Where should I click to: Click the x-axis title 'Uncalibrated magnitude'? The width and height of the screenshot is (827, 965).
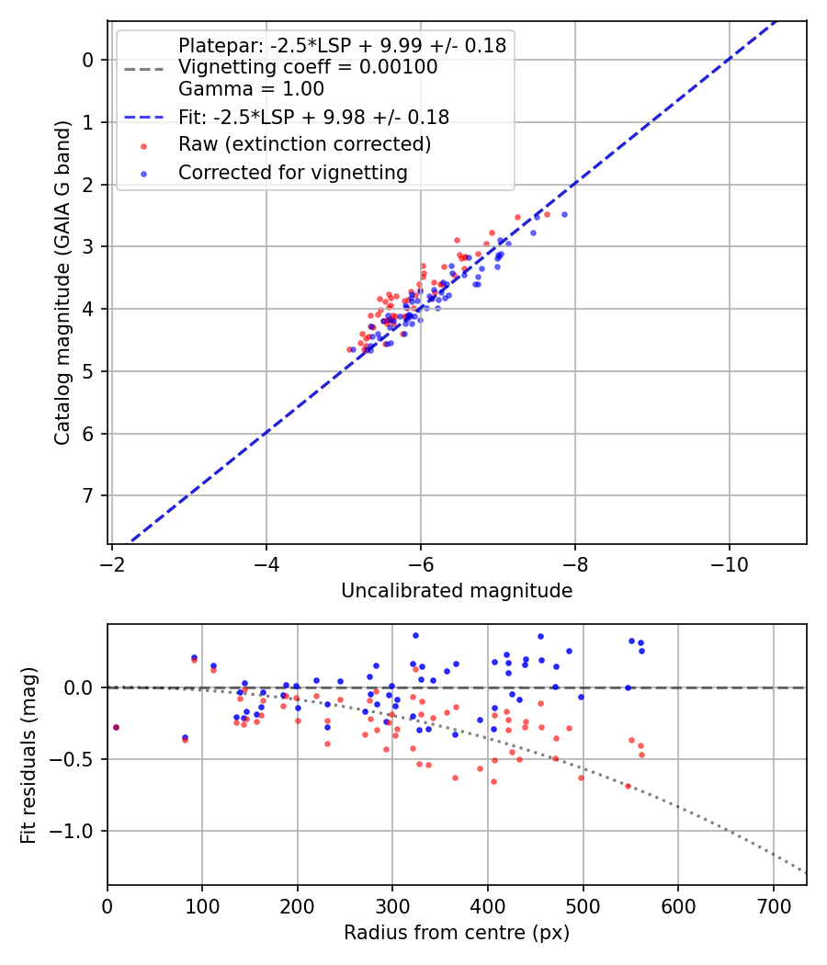click(457, 591)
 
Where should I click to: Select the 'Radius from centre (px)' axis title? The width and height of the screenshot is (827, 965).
click(457, 933)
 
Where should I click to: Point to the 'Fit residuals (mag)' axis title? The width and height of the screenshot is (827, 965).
click(28, 755)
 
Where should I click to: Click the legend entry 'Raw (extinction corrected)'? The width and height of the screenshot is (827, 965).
click(304, 144)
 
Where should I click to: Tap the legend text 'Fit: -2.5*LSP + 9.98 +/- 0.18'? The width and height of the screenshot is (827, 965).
click(313, 117)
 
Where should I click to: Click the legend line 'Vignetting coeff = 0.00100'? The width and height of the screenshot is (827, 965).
click(308, 67)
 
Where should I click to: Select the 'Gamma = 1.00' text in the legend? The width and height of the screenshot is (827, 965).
click(251, 89)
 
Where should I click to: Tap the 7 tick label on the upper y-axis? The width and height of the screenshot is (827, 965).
click(88, 496)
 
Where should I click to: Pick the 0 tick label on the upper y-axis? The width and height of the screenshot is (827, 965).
click(88, 60)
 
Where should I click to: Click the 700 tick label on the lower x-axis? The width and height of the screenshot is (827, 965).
click(773, 905)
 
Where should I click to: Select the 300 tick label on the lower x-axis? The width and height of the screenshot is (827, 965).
click(392, 905)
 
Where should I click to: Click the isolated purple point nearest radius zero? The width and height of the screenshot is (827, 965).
click(116, 727)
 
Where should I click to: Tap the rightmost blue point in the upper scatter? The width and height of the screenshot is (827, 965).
click(564, 214)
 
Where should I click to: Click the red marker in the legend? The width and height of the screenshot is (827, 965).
click(143, 145)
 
